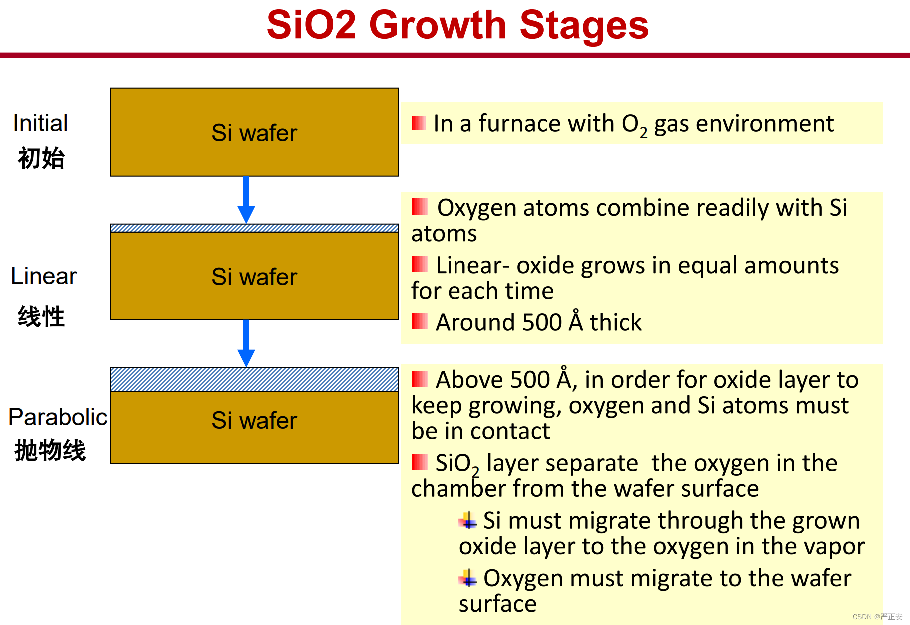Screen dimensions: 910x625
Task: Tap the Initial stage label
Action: tap(40, 123)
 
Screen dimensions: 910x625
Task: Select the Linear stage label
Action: tap(44, 276)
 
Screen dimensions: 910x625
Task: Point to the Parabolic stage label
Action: tap(58, 417)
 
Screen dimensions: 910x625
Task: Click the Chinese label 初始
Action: tap(41, 158)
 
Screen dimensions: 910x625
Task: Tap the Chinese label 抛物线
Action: tap(50, 450)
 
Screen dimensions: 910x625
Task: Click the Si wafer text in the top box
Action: tap(254, 133)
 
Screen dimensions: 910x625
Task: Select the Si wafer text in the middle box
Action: tap(254, 277)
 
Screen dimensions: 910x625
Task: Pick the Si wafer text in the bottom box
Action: tap(254, 421)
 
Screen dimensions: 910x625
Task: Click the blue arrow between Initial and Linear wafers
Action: tap(246, 200)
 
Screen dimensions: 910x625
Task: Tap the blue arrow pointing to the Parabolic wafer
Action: tap(246, 343)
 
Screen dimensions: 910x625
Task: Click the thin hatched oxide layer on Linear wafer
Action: tap(254, 228)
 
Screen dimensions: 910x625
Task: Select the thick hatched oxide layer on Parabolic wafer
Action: tap(254, 380)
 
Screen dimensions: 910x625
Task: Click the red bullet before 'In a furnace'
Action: tap(419, 123)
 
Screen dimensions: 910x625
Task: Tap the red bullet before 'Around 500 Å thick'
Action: tap(420, 322)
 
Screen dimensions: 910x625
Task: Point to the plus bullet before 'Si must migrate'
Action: tap(468, 521)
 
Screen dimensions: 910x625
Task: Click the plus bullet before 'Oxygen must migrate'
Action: tap(468, 578)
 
